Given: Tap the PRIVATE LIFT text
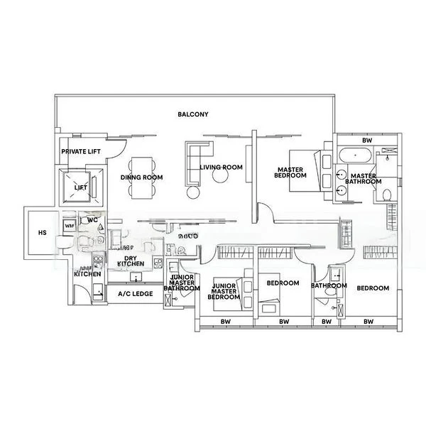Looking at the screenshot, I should tap(79, 152).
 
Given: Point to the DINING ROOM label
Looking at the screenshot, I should tap(141, 177).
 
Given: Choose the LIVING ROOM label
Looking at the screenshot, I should tap(222, 168).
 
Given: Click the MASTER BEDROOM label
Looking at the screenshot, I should tap(291, 172).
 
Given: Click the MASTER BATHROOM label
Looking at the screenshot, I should tap(363, 180).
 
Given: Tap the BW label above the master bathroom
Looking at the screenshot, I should tap(366, 141).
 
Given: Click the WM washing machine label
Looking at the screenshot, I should tap(69, 225).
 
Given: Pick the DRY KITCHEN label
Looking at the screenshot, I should tap(130, 261).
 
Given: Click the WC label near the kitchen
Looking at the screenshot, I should tap(92, 220).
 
